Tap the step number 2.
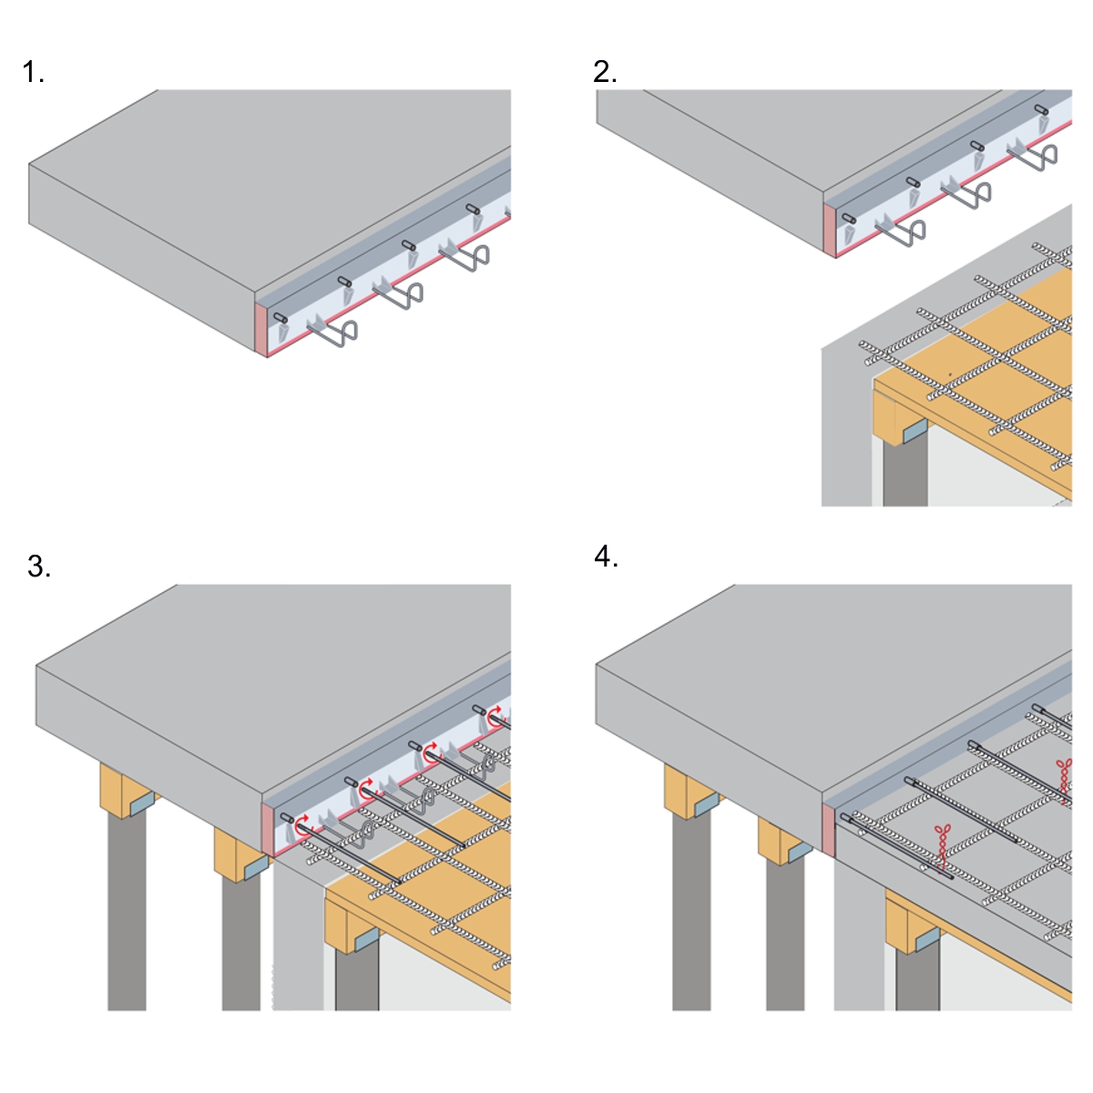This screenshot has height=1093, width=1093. pyautogui.click(x=604, y=72)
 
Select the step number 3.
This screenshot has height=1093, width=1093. pyautogui.click(x=38, y=567)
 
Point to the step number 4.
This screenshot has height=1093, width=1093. pyautogui.click(x=605, y=556)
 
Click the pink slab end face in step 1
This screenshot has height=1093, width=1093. pyautogui.click(x=260, y=329)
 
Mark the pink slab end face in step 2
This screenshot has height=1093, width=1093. pyautogui.click(x=829, y=230)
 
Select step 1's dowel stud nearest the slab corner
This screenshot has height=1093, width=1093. pyautogui.click(x=281, y=317)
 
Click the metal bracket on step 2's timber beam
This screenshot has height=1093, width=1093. pyautogui.click(x=914, y=430)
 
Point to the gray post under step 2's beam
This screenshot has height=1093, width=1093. pyautogui.click(x=904, y=474)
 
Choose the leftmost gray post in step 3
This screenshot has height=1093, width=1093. pyautogui.click(x=127, y=911)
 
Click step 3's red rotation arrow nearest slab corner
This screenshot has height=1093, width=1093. pyautogui.click(x=301, y=824)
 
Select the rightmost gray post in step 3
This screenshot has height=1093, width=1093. pyautogui.click(x=357, y=979)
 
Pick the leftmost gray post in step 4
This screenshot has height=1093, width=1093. pyautogui.click(x=691, y=911)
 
